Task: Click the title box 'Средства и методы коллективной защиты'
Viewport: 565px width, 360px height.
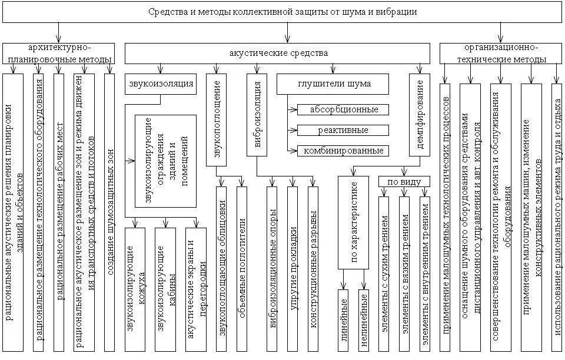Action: [x=282, y=12]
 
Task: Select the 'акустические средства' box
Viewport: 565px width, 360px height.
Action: [x=278, y=54]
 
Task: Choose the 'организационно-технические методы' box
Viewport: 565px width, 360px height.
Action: [x=501, y=53]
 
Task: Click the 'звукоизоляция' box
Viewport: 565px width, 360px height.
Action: [x=160, y=84]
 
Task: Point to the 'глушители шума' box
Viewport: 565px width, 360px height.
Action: [x=333, y=84]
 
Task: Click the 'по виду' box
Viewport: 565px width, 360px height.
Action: [x=404, y=181]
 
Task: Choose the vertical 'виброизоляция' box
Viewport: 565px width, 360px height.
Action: [x=257, y=115]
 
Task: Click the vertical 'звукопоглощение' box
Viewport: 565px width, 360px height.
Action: [x=217, y=115]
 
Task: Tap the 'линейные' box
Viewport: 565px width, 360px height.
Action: [x=343, y=320]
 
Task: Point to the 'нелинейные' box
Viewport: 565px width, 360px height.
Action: [x=363, y=320]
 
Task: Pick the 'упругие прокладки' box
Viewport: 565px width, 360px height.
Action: [x=293, y=269]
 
